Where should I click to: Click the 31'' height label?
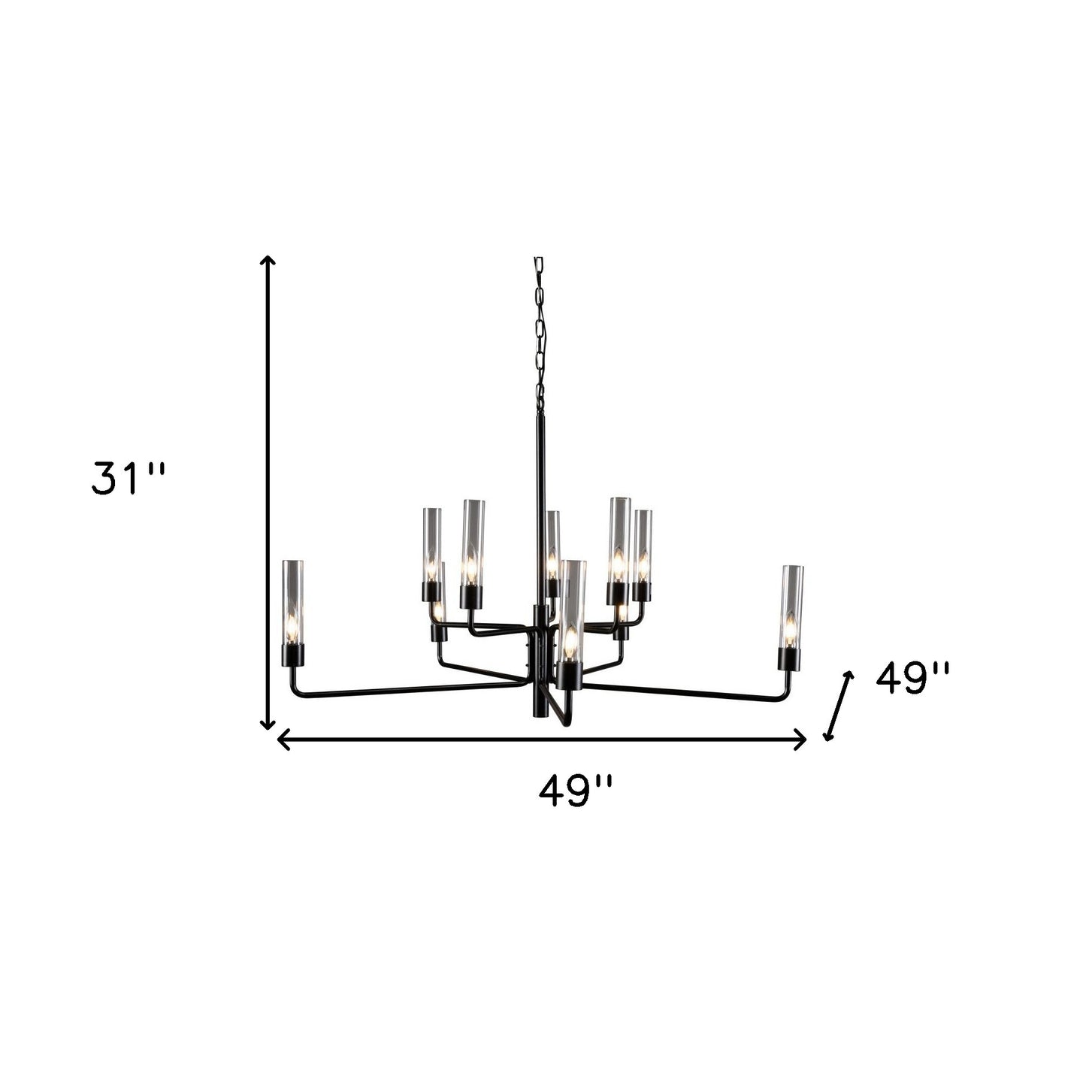(x=126, y=479)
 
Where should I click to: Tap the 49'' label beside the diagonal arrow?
(x=912, y=679)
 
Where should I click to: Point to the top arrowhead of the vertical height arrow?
(x=267, y=260)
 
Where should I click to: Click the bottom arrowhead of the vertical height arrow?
(x=267, y=725)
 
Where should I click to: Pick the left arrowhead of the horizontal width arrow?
(x=283, y=740)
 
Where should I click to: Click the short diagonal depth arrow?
(x=839, y=706)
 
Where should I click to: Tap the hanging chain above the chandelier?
(x=539, y=331)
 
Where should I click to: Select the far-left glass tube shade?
(x=292, y=601)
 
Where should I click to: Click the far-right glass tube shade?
(x=791, y=607)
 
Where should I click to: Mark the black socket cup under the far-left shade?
(x=292, y=655)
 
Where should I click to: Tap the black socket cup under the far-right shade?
(x=788, y=660)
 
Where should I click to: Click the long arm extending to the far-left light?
(x=406, y=688)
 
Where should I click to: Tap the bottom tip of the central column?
(x=540, y=714)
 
